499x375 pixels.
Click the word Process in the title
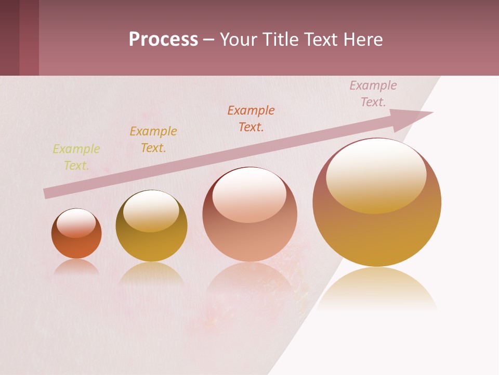tap(163, 40)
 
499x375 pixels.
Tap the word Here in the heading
tap(363, 40)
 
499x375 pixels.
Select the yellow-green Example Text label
tap(76, 157)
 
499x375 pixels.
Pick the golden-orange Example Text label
tap(153, 140)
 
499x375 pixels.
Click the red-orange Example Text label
tap(251, 119)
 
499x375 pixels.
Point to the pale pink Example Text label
tap(373, 94)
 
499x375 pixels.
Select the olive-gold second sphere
tap(151, 245)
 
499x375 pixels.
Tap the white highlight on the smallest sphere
tap(76, 223)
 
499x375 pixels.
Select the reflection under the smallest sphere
tap(76, 267)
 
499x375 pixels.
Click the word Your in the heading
tap(238, 40)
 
